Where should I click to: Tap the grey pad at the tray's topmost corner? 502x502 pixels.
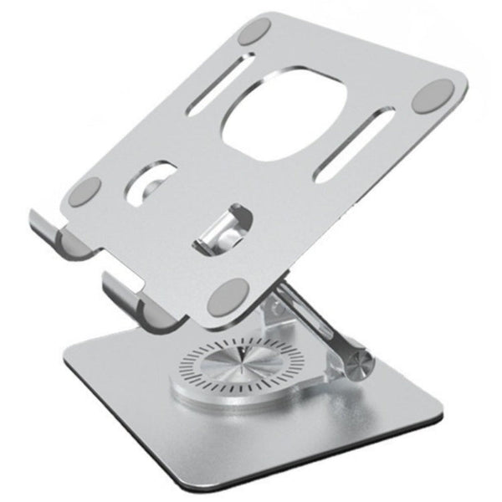click(x=254, y=35)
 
